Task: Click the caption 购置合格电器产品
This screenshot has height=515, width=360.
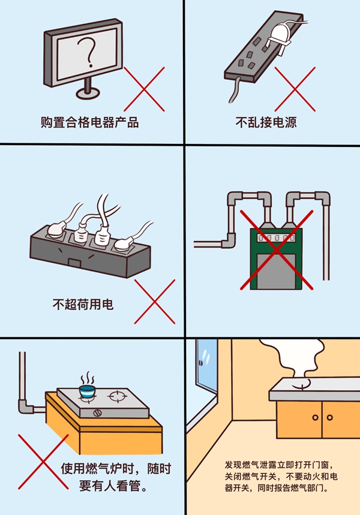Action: pyautogui.click(x=89, y=122)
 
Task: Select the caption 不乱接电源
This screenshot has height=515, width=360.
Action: pyautogui.click(x=266, y=122)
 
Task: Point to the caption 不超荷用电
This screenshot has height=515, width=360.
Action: pyautogui.click(x=83, y=305)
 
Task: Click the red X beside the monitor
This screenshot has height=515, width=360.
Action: pyautogui.click(x=144, y=88)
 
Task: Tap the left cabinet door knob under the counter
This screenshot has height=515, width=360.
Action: pyautogui.click(x=315, y=417)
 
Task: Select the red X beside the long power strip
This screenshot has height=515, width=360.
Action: pyautogui.click(x=295, y=88)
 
